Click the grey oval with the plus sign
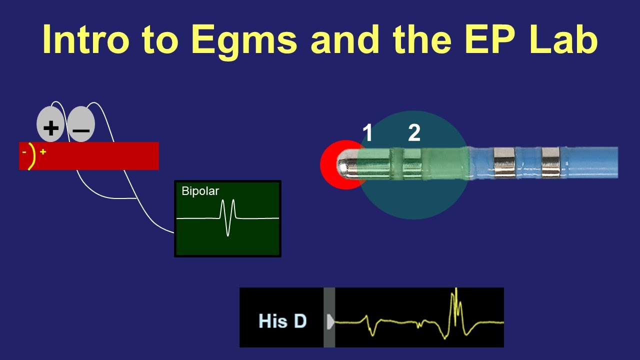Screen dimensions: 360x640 point(50,124)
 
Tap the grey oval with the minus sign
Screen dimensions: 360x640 point(81,125)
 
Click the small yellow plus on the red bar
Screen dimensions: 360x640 point(43,151)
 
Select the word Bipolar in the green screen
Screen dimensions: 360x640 point(200,191)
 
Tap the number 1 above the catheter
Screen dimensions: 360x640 point(367,133)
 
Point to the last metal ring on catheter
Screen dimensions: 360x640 point(550,162)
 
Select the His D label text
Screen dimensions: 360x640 point(282,321)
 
